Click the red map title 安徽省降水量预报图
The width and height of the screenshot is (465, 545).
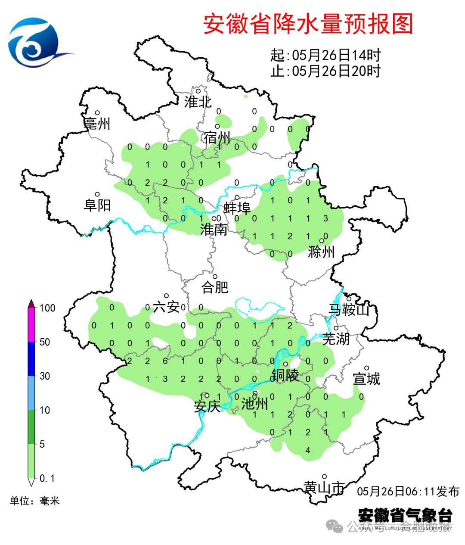click(308, 24)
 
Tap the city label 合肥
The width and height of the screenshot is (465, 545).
click(215, 287)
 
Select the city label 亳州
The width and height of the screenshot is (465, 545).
click(97, 124)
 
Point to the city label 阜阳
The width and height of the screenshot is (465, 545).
click(97, 205)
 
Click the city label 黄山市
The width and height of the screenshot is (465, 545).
click(324, 487)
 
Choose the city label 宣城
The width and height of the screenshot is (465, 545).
click(366, 379)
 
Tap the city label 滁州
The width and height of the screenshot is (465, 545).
click(321, 252)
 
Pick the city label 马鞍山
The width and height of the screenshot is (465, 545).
click(349, 309)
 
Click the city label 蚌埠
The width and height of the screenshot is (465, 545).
click(237, 209)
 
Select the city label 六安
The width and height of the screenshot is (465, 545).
click(166, 307)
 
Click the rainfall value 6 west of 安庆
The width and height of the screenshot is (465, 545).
click(165, 361)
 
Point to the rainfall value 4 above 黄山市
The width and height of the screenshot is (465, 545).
click(308, 450)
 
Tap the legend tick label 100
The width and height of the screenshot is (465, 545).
click(47, 308)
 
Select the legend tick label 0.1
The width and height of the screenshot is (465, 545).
click(47, 478)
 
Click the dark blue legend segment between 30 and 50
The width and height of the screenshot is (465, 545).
click(31, 359)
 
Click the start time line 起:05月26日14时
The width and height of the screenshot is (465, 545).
click(325, 55)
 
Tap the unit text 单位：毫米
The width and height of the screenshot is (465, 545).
click(35, 501)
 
